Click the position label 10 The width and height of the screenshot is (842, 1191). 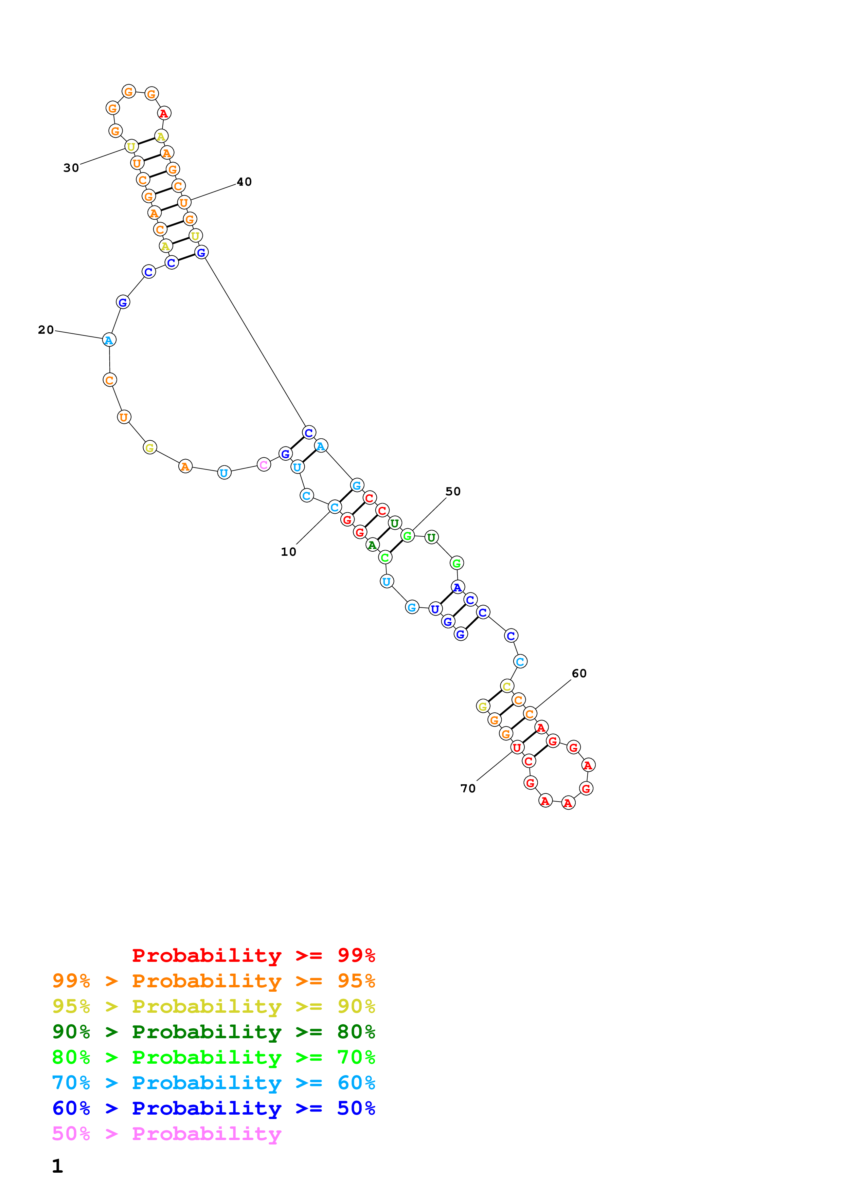pos(288,552)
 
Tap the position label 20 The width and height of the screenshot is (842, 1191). pos(46,330)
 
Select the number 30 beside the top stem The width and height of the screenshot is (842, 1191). pos(71,168)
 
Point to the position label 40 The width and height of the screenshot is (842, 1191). pos(244,182)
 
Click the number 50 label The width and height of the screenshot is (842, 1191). pos(453,491)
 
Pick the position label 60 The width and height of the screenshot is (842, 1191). pos(579,673)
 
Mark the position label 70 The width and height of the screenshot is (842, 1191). pos(468,788)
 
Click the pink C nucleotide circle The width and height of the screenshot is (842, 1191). pos(264,465)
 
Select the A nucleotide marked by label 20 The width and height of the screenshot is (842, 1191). pos(109,340)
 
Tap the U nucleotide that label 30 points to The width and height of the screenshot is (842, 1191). pos(131,147)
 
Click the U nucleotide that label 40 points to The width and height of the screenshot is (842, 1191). pos(184,202)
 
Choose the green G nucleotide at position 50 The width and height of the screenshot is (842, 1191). pos(408,536)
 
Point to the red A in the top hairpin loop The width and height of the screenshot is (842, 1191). pos(164,113)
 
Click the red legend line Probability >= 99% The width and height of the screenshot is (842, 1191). pos(253,955)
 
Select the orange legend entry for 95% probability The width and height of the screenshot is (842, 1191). pos(213,981)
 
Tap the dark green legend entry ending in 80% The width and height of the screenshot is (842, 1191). pos(213,1032)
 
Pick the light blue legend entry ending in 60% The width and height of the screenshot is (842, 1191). pos(213,1083)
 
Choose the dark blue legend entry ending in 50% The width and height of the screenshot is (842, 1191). pos(213,1108)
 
